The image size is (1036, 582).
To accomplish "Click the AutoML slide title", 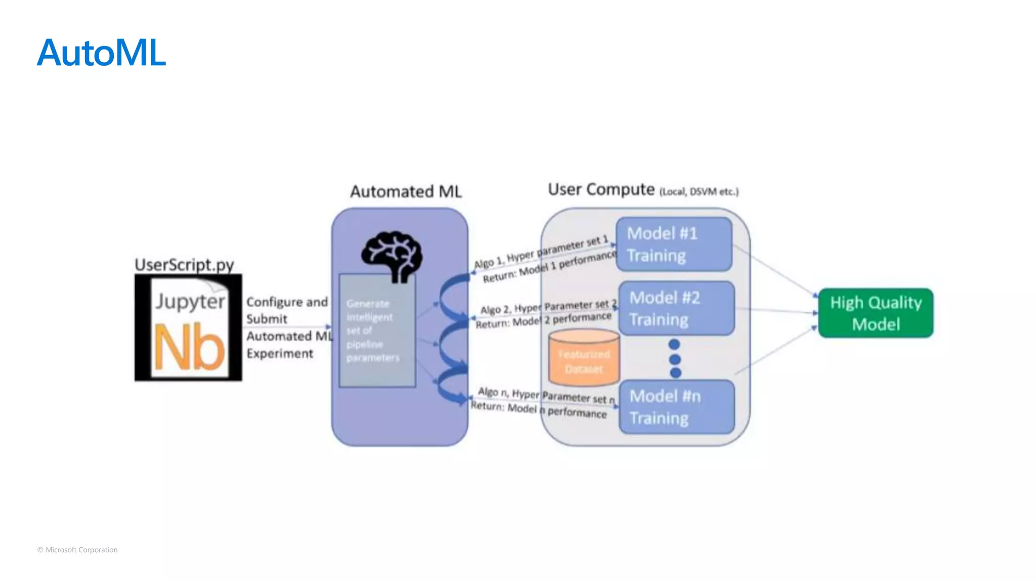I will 101,53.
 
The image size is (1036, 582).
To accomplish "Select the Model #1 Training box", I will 673,245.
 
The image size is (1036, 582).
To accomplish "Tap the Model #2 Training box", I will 676,309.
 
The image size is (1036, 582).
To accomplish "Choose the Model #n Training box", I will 676,407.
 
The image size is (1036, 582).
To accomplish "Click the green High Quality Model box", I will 876,313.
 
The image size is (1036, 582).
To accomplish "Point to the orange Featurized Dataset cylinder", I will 584,359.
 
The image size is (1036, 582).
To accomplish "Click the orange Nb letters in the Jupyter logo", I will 189,348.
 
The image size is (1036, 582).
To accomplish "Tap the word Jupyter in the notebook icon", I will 190,301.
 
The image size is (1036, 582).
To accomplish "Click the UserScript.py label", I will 184,265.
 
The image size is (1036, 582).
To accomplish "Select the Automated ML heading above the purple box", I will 406,191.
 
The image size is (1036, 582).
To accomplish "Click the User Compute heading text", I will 601,189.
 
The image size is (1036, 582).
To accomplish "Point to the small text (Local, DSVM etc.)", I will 699,192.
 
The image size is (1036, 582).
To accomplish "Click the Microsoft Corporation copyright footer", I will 77,550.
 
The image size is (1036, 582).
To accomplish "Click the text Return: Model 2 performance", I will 543,320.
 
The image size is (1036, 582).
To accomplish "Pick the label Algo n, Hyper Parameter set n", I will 546,396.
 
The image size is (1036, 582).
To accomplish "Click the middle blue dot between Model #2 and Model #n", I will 674,359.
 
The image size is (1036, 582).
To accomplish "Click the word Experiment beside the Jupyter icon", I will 280,354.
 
